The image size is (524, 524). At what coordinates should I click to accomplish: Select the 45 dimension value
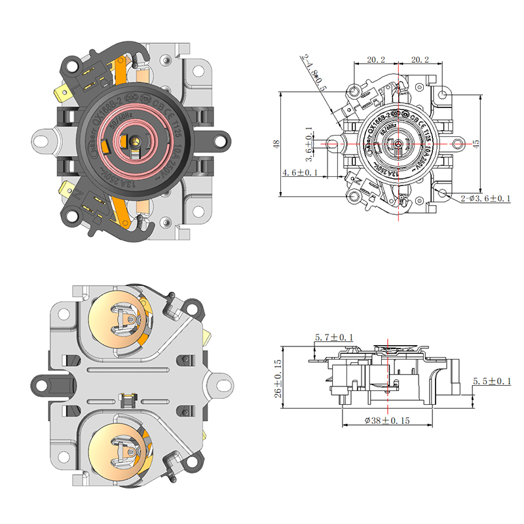click(x=476, y=143)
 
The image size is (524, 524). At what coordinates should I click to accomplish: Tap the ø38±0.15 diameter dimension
click(x=388, y=421)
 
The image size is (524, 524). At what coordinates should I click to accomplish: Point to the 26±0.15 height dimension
click(x=278, y=379)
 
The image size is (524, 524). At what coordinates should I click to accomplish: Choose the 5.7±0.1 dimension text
click(x=333, y=337)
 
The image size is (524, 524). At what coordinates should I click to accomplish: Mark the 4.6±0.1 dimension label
click(x=300, y=172)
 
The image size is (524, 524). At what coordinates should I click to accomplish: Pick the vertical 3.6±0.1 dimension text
click(x=309, y=142)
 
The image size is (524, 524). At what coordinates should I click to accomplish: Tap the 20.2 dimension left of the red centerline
click(x=375, y=60)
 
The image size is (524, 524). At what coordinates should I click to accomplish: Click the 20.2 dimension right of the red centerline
click(x=419, y=60)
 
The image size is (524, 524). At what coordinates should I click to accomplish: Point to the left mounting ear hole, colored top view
click(x=43, y=139)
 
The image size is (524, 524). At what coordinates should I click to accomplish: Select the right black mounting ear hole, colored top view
click(x=223, y=140)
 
